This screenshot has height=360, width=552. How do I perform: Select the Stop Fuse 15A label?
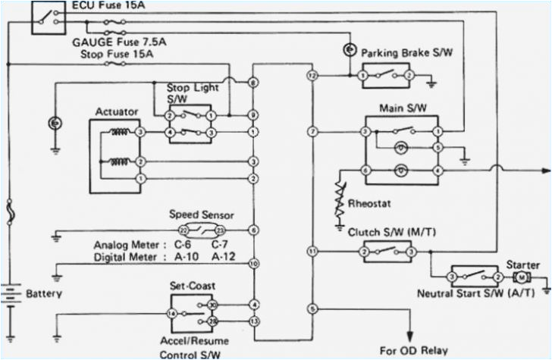[111, 55]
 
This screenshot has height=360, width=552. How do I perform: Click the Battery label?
[45, 293]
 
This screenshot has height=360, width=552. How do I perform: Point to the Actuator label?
[117, 112]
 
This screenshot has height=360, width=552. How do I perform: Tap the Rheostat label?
[369, 204]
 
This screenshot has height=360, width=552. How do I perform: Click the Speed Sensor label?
[201, 214]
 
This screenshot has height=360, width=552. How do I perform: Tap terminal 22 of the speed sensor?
[183, 229]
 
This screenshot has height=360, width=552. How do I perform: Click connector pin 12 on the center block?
[311, 77]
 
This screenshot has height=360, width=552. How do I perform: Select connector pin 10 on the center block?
[253, 263]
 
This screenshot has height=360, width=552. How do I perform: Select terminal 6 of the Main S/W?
[365, 171]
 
